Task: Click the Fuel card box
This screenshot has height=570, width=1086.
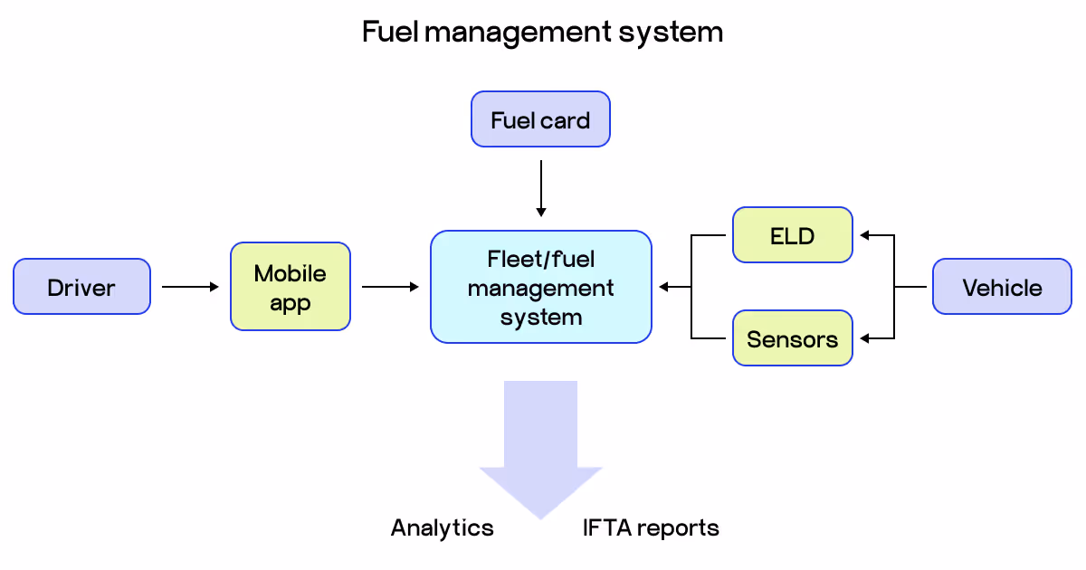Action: point(540,119)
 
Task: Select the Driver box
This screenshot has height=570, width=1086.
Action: point(81,288)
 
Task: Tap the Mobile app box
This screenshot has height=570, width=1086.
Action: point(291,287)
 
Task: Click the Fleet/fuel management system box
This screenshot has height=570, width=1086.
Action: point(540,288)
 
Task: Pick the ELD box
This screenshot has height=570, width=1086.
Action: point(792,236)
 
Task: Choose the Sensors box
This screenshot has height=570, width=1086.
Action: point(792,339)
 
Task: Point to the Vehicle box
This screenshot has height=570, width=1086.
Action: point(1002,288)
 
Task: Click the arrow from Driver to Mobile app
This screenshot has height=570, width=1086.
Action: point(190,287)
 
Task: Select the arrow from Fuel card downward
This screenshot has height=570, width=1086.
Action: point(540,188)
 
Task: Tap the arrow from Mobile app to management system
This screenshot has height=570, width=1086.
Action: point(390,287)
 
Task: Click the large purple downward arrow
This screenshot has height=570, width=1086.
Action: point(540,443)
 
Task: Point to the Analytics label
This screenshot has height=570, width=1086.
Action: point(443,527)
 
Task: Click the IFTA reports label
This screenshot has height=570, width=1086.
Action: point(651,527)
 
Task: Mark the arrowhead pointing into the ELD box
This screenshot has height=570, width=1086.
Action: point(864,236)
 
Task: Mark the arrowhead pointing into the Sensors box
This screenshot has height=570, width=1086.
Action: point(864,338)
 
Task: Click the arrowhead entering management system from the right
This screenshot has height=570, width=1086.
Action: point(663,287)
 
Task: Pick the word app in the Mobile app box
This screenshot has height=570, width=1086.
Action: point(291,304)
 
